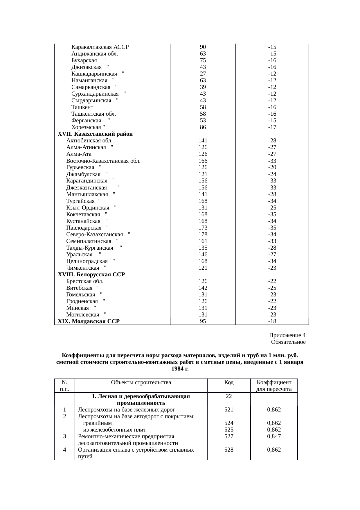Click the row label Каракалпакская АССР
pos(100,47)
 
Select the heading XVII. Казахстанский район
pos(95,134)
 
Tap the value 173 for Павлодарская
pos(203,228)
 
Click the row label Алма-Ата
pos(79,154)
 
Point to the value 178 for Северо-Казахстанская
pos(203,234)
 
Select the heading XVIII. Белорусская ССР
pos(91,274)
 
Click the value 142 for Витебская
pos(203,288)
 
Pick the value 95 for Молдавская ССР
pos(203,321)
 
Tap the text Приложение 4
pos(287,335)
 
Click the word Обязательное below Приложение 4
pos(288,342)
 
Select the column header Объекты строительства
pos(141,382)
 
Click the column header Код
pos(229,382)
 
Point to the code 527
pos(229,436)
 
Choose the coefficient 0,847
pos(274,436)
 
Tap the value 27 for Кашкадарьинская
pos(203,74)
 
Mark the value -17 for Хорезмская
pos(272,127)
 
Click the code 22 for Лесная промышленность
pos(229,396)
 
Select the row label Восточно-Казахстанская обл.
pos(103,161)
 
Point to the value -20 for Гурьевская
pos(272,167)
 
